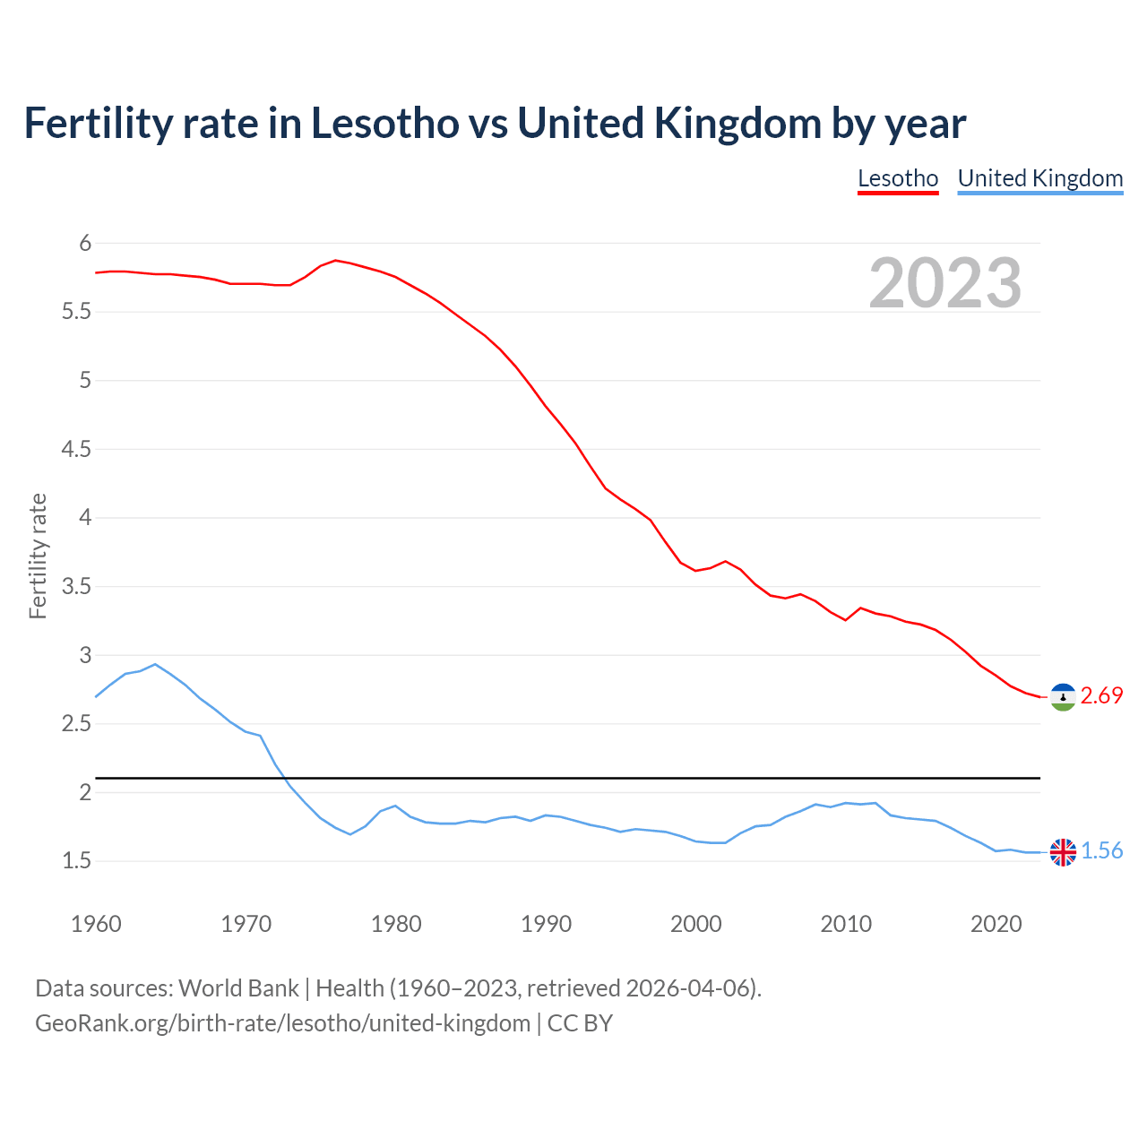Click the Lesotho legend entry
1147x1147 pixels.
tap(898, 178)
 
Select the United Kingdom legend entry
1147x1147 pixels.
tap(1039, 178)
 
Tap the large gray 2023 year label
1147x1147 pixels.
tap(945, 283)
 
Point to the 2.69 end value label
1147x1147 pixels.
tap(1101, 696)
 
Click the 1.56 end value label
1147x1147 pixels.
tap(1101, 851)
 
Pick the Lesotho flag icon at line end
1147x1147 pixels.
tap(1063, 697)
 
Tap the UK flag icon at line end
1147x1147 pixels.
tap(1063, 852)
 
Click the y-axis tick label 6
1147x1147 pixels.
tap(85, 243)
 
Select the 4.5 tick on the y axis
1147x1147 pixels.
tap(76, 449)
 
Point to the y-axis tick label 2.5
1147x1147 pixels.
tap(76, 724)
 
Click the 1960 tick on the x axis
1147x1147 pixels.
tap(96, 924)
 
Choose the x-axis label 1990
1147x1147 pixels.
tap(546, 924)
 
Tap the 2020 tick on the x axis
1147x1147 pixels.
tap(996, 924)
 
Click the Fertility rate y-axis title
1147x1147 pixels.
tap(38, 556)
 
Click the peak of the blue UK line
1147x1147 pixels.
tap(155, 664)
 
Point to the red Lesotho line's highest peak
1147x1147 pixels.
tap(335, 260)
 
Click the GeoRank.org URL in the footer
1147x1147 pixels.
tap(282, 1023)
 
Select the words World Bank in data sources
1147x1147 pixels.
tap(238, 988)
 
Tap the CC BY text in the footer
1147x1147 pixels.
tap(580, 1023)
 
